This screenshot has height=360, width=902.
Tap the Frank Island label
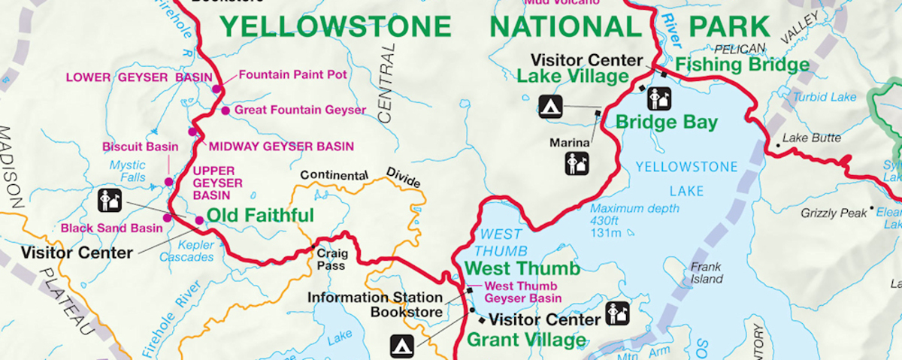click(x=706, y=273)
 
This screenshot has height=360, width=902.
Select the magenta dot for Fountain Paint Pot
click(x=216, y=89)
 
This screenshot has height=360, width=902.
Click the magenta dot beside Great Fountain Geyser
click(x=225, y=110)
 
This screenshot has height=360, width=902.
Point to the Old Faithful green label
click(x=260, y=216)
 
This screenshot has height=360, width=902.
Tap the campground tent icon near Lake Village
click(x=550, y=106)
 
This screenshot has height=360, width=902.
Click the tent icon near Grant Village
click(x=401, y=346)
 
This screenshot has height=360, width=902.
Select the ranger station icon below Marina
click(x=577, y=163)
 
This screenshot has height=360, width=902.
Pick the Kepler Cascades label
click(x=186, y=251)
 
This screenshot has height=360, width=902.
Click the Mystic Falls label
click(x=127, y=171)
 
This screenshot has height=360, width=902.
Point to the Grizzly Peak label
click(x=834, y=213)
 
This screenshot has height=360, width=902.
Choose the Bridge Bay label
click(x=667, y=122)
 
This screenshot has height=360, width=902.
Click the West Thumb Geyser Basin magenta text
click(x=521, y=292)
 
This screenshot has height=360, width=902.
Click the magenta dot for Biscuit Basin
click(x=169, y=182)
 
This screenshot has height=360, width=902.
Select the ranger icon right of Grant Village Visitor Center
click(x=617, y=314)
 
